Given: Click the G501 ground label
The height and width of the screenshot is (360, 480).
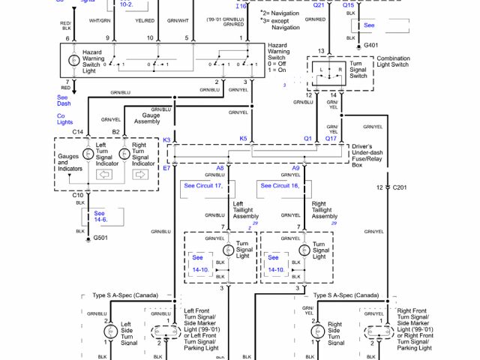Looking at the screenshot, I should (x=100, y=238).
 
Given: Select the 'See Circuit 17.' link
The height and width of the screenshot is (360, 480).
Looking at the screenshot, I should (x=204, y=185).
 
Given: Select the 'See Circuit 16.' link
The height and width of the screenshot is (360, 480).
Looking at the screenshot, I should (x=280, y=185).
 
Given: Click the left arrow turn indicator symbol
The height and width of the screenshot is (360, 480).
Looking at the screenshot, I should (x=104, y=175).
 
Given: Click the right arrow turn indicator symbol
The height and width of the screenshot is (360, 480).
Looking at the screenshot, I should (x=140, y=175).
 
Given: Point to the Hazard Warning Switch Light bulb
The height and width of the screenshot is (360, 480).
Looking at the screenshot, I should (x=73, y=58).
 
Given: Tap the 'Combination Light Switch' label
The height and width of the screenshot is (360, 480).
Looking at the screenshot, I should (x=392, y=62).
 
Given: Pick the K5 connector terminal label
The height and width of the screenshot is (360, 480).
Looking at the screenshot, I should (x=243, y=139).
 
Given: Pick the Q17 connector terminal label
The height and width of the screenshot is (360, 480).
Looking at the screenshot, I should (x=331, y=139).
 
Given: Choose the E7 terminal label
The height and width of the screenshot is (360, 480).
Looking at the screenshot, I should (x=167, y=169).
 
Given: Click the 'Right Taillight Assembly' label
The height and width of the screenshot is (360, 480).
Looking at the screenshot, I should (x=324, y=209).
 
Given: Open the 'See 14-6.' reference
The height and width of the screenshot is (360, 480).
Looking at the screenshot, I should (x=100, y=217).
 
